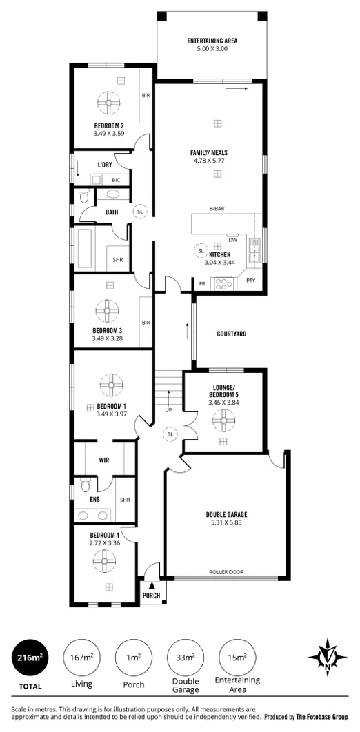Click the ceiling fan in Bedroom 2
(109, 103)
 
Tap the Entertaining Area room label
(212, 41)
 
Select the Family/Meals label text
(209, 153)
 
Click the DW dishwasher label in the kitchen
(232, 240)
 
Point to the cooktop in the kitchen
(225, 283)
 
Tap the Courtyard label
(231, 334)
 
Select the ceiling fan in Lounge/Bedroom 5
(223, 419)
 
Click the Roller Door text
(226, 573)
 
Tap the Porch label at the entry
(151, 595)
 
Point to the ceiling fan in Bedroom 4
(109, 560)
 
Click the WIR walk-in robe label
(105, 459)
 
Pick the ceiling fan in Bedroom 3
(109, 312)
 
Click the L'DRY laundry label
(105, 165)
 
